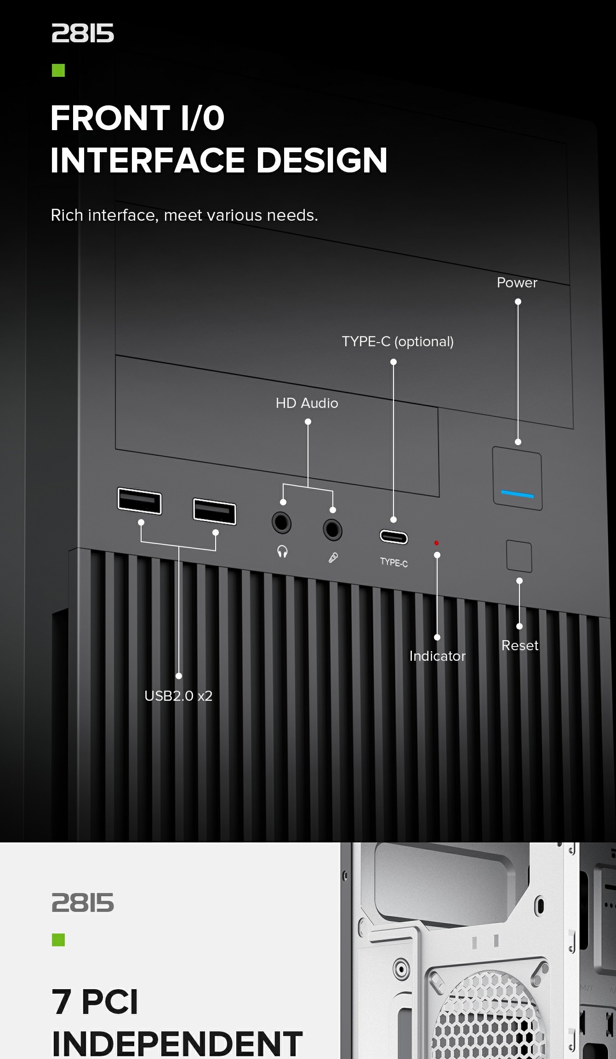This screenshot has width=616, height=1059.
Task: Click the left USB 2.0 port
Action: coord(139,501)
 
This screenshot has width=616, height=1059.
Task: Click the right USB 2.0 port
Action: coord(214,511)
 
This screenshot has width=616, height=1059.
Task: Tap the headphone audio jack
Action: coord(281,523)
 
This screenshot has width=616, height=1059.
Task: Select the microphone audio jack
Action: coord(332,530)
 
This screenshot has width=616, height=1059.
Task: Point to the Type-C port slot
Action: coord(394,537)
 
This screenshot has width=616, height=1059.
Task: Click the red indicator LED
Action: coord(436,543)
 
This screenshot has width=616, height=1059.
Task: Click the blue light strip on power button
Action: coord(518,494)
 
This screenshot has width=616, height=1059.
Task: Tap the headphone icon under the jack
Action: coord(282,551)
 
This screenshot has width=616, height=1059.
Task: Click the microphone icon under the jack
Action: coord(333,558)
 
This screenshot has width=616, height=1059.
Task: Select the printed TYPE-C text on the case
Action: coord(394,562)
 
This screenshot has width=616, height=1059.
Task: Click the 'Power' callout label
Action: coord(517,283)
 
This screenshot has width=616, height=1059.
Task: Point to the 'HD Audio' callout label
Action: coord(307,403)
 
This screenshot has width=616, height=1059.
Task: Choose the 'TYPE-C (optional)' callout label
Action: coord(398,342)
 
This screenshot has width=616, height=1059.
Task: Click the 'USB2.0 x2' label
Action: coord(178,696)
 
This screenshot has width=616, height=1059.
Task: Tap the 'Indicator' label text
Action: coord(437,656)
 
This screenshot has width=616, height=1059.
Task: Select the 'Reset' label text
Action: coord(520,646)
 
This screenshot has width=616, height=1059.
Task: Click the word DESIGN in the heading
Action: coord(322,160)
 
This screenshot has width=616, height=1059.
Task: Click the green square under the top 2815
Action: coord(58,70)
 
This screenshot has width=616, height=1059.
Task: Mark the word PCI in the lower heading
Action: coord(110,1002)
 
